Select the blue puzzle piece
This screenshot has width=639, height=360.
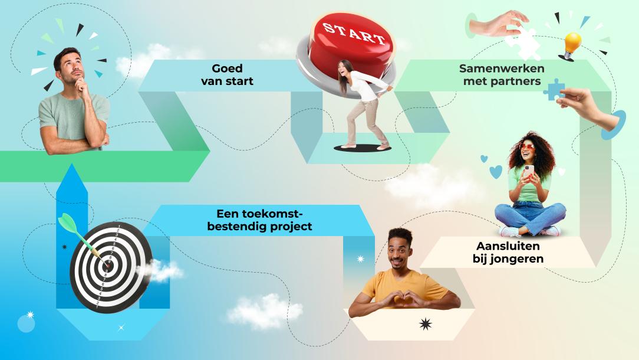(554, 90)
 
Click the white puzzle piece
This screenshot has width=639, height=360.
(523, 42)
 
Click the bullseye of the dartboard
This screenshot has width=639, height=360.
(108, 266)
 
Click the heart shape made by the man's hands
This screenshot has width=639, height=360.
(404, 298)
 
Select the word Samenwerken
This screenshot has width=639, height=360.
(502, 68)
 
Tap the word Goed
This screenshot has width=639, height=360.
(227, 68)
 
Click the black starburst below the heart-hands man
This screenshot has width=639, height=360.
(426, 324)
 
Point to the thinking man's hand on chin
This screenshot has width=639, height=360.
(83, 86)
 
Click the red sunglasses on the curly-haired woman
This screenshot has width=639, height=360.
(527, 147)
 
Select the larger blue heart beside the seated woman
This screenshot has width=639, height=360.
(496, 172)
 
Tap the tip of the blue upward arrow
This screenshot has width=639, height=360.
(72, 164)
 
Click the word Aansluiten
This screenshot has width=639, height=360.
(508, 246)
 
